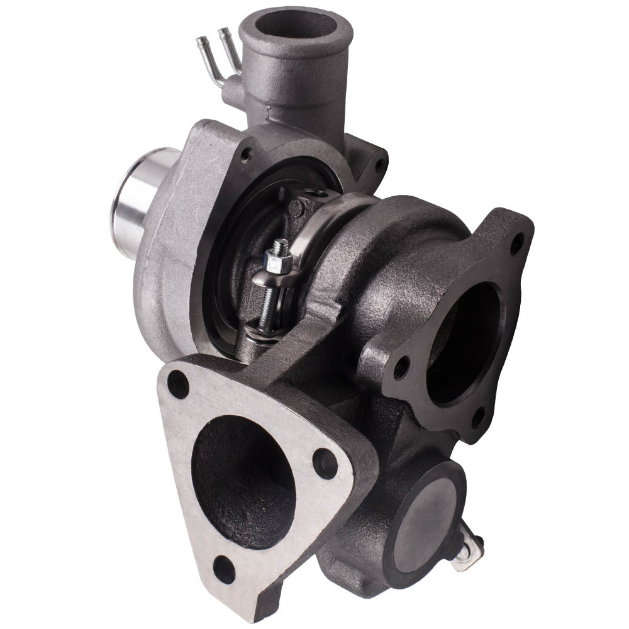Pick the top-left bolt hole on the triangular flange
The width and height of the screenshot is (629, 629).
point(179,384)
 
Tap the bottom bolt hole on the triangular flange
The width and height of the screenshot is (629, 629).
point(224,569)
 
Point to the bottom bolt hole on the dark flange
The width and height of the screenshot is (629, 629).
point(479,416)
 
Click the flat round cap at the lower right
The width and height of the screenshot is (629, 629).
point(431,521)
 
